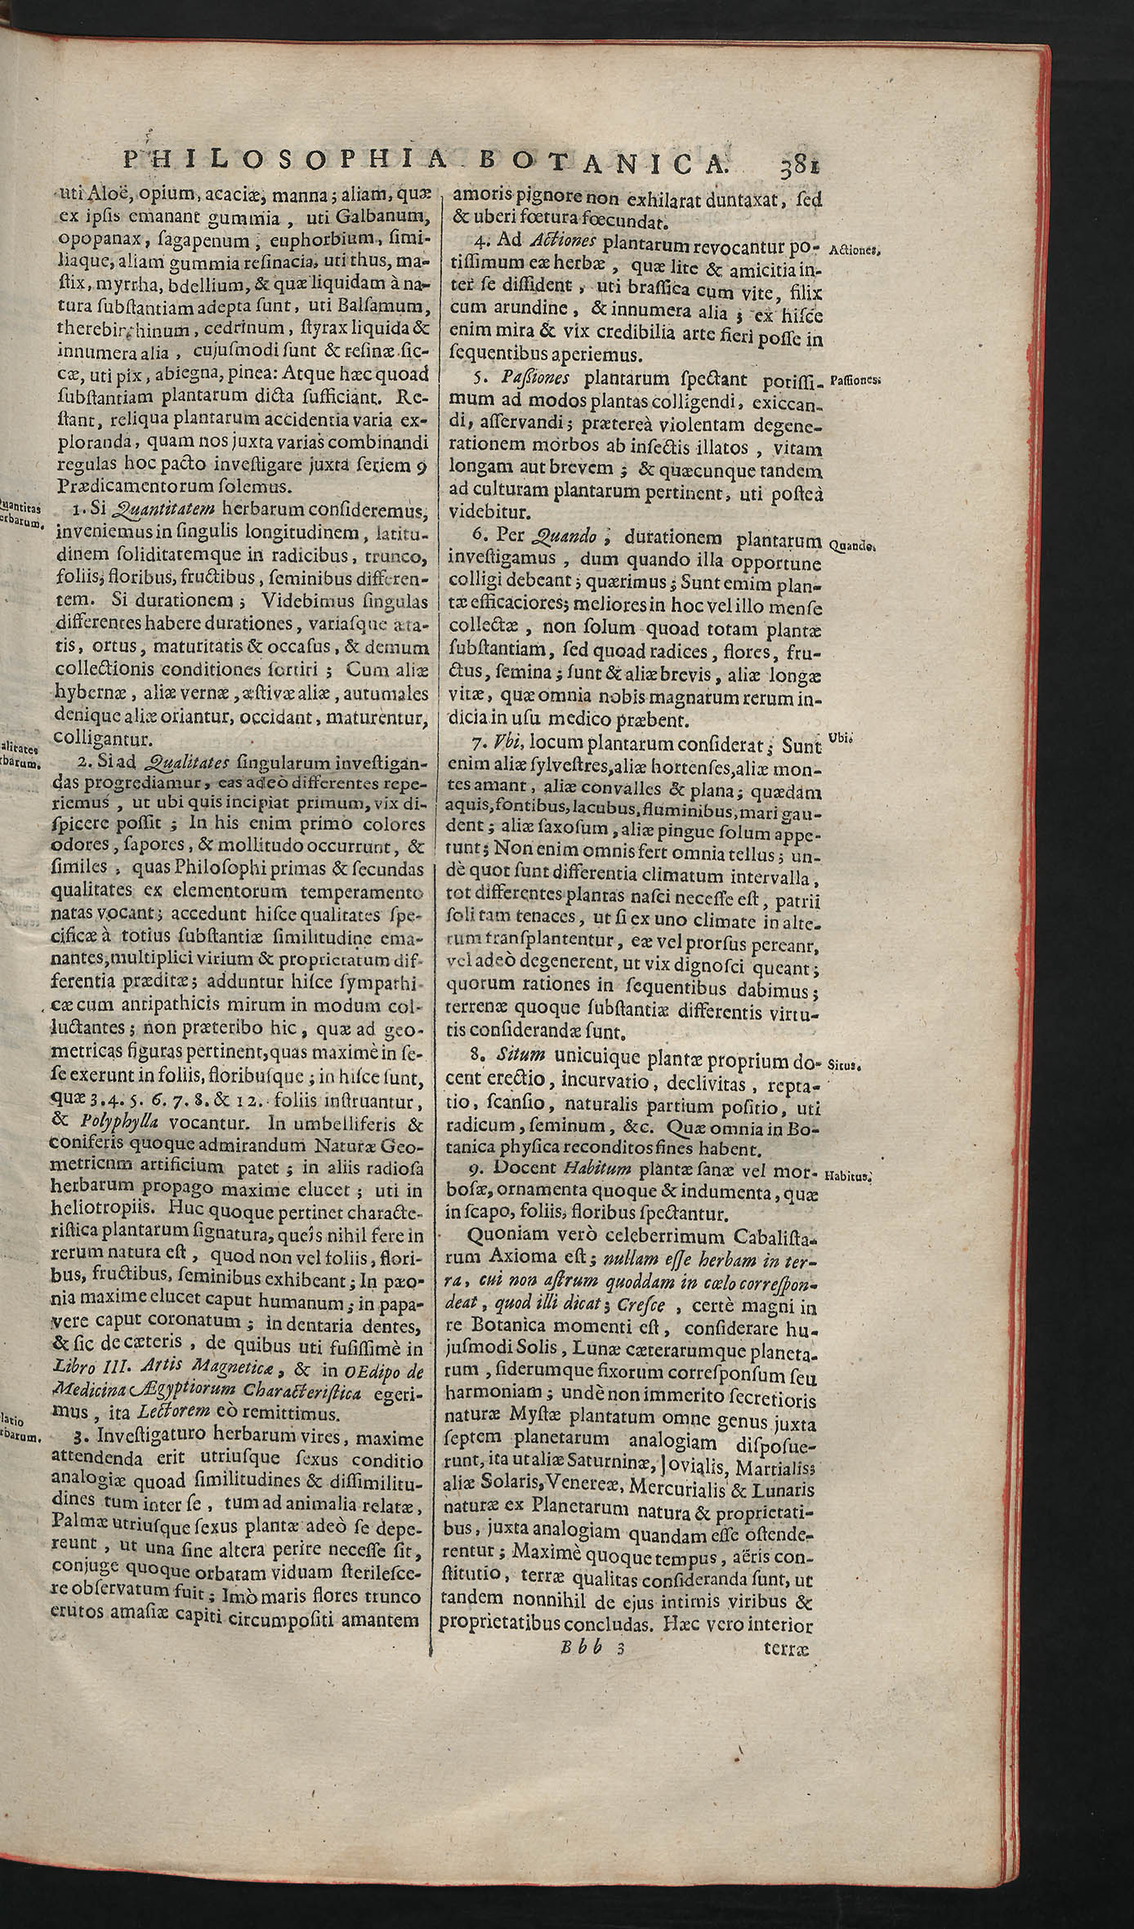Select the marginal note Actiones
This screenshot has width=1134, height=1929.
pyautogui.click(x=854, y=251)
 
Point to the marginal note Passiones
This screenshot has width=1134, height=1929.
pyautogui.click(x=854, y=381)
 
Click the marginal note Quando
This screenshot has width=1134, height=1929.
pyautogui.click(x=852, y=546)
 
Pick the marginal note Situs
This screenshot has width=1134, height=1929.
pyautogui.click(x=846, y=1066)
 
